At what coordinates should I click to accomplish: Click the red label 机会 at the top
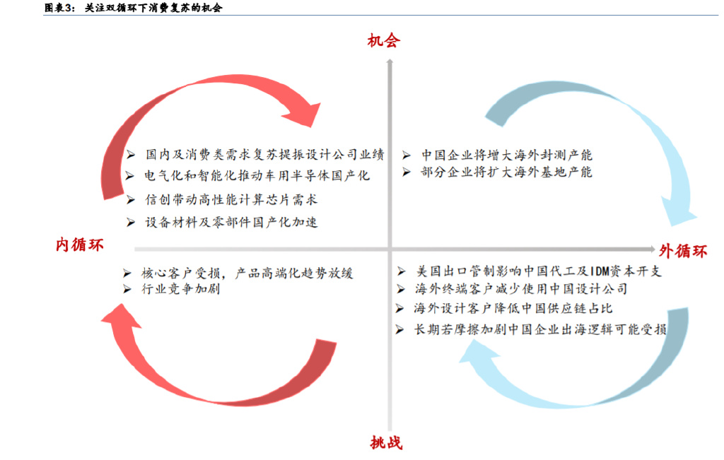(x=384, y=41)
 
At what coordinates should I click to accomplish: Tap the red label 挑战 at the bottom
(x=386, y=443)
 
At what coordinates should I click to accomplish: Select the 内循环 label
(x=79, y=244)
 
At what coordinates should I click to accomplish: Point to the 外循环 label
(x=682, y=252)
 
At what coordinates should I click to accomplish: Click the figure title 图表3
(x=59, y=7)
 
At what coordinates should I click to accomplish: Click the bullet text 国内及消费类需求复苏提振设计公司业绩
(x=264, y=154)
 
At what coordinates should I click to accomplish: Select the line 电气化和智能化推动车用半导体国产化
(x=257, y=176)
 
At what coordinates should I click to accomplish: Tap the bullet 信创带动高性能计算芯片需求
(x=231, y=199)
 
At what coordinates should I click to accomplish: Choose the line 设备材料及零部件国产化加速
(x=231, y=223)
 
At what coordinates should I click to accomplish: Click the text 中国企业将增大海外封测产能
(x=506, y=155)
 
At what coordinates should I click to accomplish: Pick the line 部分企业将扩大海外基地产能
(x=506, y=172)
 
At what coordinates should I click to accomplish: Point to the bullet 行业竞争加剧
(x=180, y=289)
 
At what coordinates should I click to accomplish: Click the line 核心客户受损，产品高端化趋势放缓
(x=247, y=273)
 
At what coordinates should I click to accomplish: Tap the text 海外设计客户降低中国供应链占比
(x=513, y=308)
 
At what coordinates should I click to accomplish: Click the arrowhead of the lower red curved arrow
(x=121, y=316)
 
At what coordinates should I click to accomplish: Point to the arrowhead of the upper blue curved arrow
(x=678, y=211)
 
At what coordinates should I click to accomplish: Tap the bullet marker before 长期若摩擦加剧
(x=400, y=329)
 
